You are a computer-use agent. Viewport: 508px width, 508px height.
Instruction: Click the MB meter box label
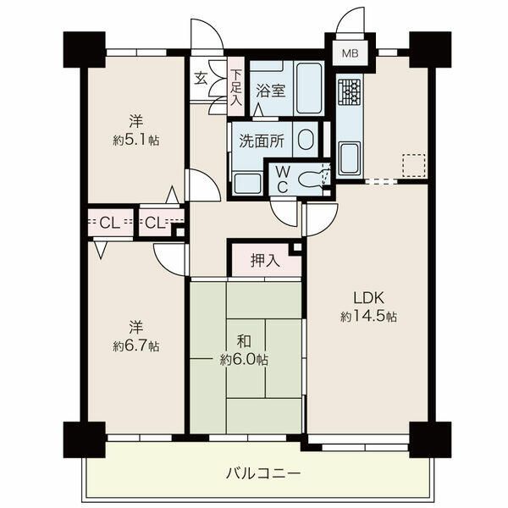pos(351,53)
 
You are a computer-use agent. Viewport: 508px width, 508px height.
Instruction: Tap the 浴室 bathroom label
pos(271,91)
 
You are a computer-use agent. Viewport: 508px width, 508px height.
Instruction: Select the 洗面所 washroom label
pos(262,141)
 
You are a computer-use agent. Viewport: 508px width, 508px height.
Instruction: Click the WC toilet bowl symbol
pos(311,179)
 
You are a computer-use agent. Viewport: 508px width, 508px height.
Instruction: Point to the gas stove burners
pos(349,92)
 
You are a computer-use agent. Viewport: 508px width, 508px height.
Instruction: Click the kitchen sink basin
pos(349,159)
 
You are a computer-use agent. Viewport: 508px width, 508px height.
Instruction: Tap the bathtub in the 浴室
pos(309,88)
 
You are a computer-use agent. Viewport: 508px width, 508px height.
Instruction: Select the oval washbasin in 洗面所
pos(306,140)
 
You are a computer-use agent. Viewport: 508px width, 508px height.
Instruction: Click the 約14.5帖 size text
pos(368,316)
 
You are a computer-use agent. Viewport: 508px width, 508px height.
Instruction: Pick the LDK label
pos(368,298)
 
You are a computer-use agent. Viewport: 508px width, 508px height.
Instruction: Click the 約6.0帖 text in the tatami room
pos(244,359)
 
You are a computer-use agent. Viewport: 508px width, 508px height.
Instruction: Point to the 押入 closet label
pos(265,260)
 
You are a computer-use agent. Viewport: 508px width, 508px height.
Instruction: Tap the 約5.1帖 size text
pos(136,141)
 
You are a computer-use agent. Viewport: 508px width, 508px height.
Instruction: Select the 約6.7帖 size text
pos(136,346)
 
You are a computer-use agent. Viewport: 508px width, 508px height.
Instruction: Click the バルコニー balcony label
pos(263,474)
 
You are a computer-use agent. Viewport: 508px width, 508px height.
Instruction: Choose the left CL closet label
pos(109,223)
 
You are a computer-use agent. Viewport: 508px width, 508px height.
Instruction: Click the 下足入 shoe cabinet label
pos(236,88)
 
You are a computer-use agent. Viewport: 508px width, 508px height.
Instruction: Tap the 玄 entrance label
pos(201,79)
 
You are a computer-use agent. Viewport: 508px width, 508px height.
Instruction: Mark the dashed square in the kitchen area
pos(414,165)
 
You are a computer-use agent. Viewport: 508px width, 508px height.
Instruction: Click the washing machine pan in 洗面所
pos(248,184)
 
